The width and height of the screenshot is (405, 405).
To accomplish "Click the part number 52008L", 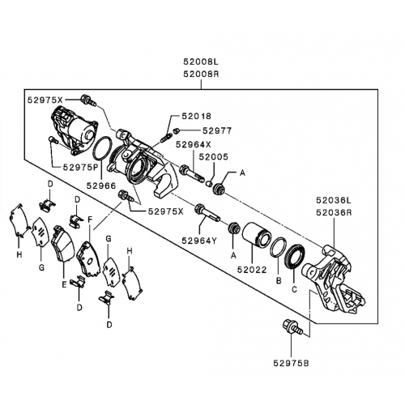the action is click(201, 62).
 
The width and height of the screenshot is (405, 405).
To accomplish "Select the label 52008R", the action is click(201, 74).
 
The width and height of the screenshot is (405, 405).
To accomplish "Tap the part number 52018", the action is click(196, 116).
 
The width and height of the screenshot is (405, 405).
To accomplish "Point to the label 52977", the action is click(217, 130).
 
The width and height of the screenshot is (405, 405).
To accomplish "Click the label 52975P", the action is click(81, 168).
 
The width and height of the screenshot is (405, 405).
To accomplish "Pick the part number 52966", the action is click(101, 185).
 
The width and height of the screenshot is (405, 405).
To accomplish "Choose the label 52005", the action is click(214, 156).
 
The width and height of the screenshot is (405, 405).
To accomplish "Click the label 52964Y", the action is click(199, 241).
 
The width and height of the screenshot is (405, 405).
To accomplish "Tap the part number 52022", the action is click(252, 270).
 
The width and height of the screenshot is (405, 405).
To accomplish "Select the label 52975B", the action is click(291, 363).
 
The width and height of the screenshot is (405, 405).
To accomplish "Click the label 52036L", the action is click(334, 200).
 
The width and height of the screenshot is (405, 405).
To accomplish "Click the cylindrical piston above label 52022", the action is click(256, 234).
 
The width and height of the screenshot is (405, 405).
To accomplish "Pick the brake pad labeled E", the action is click(62, 244).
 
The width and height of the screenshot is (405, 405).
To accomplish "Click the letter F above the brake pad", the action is click(90, 220).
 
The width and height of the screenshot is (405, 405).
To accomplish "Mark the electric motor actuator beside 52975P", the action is click(74, 130).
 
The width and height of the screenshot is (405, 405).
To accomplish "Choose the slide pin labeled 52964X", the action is click(192, 174).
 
